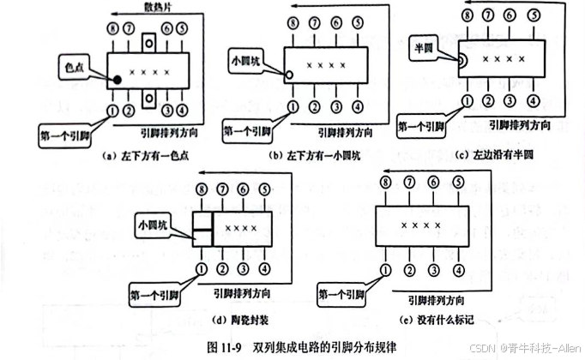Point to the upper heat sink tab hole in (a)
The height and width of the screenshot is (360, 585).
coord(149,40)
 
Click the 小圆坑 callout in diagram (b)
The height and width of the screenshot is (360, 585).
coord(249,62)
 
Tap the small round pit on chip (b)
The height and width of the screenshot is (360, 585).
coord(290,75)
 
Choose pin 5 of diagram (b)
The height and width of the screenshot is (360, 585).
coord(358,29)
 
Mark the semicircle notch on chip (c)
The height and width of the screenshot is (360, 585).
coord(461,60)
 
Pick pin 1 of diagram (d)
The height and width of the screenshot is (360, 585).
coord(202,269)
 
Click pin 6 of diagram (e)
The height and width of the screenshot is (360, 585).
coord(436,183)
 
